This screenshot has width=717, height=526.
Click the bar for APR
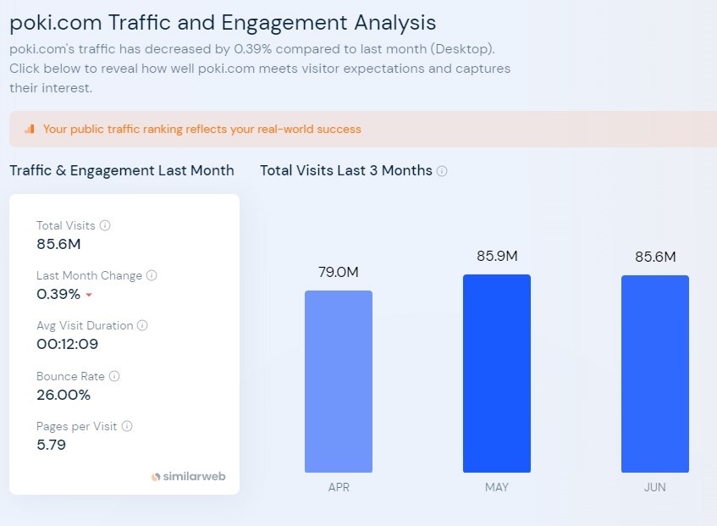click(x=339, y=381)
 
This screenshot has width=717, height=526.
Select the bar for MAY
click(x=497, y=374)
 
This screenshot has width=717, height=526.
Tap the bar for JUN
click(x=655, y=374)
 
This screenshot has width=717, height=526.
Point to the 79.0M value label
click(x=339, y=272)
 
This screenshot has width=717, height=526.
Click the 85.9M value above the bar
click(x=497, y=256)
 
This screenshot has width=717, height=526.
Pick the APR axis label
click(x=339, y=487)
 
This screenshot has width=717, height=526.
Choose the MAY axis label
click(x=497, y=487)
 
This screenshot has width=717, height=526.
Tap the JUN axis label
click(x=655, y=487)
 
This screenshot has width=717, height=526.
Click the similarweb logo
click(x=188, y=477)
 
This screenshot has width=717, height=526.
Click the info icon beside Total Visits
click(x=105, y=225)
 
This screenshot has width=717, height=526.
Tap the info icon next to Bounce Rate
click(x=114, y=376)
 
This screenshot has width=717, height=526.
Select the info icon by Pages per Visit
click(x=127, y=426)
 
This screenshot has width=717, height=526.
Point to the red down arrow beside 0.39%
click(x=89, y=296)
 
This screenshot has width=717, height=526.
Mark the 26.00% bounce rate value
click(x=63, y=395)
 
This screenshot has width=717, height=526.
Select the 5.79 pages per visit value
click(x=51, y=445)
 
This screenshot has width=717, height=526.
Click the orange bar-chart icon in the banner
click(x=30, y=130)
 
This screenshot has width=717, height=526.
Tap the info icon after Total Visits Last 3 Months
click(x=442, y=171)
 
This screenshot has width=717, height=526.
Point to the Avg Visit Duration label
click(x=85, y=325)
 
